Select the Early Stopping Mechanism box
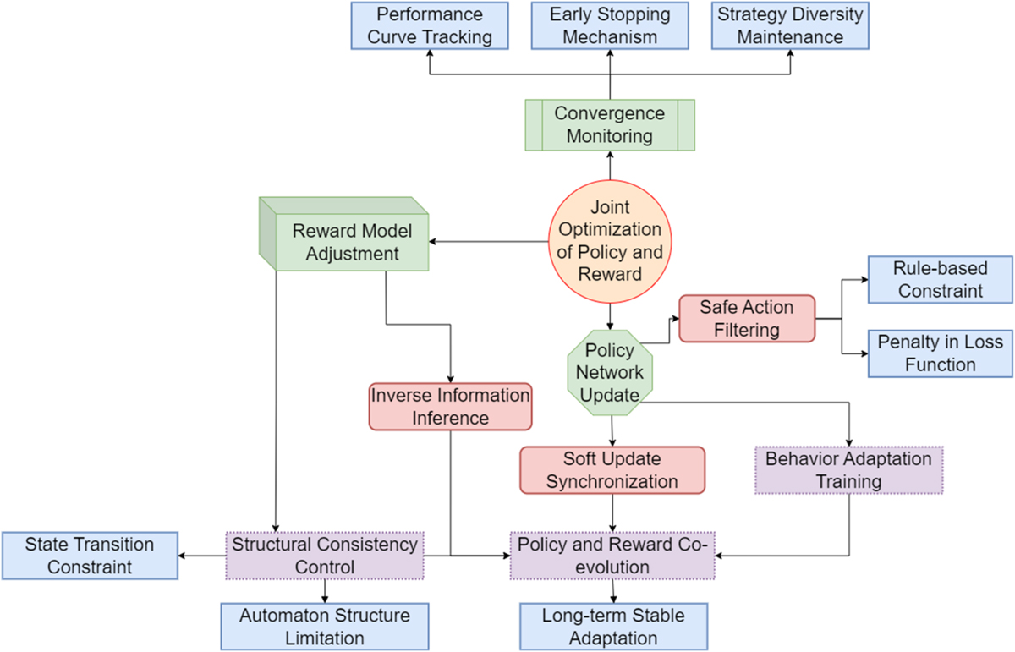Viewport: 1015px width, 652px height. (x=610, y=25)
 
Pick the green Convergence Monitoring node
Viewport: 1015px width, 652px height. (x=610, y=124)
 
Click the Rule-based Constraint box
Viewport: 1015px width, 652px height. (x=940, y=279)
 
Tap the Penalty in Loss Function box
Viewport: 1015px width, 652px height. (x=940, y=353)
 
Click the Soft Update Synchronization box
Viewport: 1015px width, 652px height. (x=612, y=469)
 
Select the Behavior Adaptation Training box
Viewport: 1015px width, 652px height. (x=848, y=470)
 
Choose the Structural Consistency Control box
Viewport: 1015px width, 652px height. (x=325, y=555)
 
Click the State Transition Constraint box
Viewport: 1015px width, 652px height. (x=90, y=555)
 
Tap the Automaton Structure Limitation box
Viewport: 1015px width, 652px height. (x=325, y=626)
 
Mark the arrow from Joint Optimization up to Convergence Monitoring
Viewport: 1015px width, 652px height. (x=609, y=166)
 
